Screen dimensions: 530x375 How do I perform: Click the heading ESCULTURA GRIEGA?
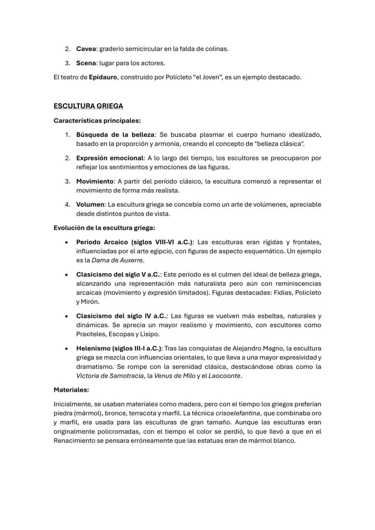(x=88, y=106)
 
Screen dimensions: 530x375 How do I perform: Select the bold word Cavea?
(x=87, y=48)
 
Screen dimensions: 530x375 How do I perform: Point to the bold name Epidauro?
(x=103, y=77)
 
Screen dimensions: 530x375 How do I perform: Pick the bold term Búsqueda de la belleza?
(x=115, y=135)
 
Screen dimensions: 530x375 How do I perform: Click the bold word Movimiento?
(x=95, y=181)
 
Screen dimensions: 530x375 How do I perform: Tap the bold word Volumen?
(x=90, y=205)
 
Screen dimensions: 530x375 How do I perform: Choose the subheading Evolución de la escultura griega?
(x=104, y=228)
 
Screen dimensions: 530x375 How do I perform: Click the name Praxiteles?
(x=91, y=334)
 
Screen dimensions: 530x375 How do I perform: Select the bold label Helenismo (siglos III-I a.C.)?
(x=119, y=349)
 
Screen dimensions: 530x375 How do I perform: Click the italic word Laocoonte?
(x=225, y=376)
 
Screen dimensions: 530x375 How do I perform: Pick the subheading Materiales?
(x=71, y=389)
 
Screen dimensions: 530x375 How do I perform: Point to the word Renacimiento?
(x=76, y=440)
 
